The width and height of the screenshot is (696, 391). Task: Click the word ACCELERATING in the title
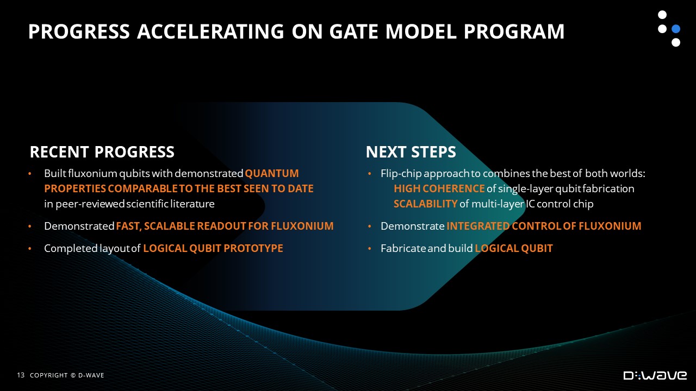click(x=210, y=31)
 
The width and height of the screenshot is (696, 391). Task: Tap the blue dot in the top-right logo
click(x=676, y=29)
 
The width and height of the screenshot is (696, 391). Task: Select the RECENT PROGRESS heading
click(x=102, y=152)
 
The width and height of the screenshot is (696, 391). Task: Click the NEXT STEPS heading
click(x=411, y=152)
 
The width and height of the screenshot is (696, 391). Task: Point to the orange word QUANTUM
click(x=272, y=173)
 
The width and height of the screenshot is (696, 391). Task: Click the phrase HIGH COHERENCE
click(x=439, y=188)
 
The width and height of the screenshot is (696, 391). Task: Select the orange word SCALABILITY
click(x=425, y=204)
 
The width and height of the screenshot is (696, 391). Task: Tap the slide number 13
click(x=21, y=375)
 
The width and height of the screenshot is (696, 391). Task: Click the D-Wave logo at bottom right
click(x=655, y=375)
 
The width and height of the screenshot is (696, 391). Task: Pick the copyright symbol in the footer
click(x=73, y=375)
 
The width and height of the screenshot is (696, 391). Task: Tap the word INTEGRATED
click(x=478, y=226)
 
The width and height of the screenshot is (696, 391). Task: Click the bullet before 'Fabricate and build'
click(x=369, y=249)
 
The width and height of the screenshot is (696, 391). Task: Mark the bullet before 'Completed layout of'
click(x=30, y=249)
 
